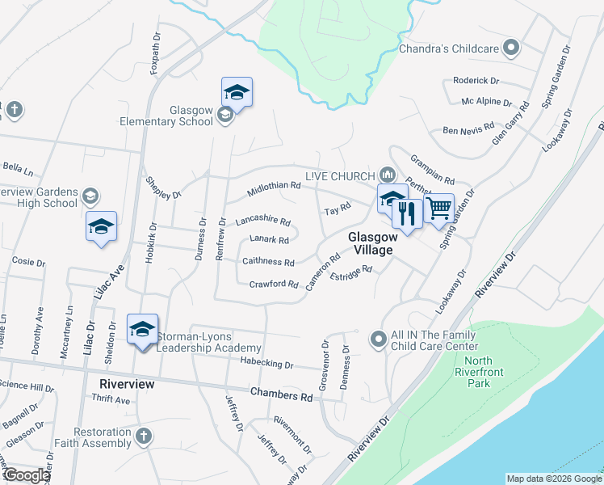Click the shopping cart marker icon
pos(438,209)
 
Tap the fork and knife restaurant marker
pos(407,214)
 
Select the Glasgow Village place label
pos(371,243)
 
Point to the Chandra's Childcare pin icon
pos(510,48)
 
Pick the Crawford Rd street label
pos(274,284)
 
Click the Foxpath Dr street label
pos(154,53)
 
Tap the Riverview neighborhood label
pos(127,384)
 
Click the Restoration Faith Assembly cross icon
pos(143,436)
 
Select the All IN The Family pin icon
pos(376,339)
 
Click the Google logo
pos(27,475)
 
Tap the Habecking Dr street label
pos(266,365)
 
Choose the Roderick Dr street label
pos(476,81)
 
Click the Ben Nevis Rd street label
pos(468,129)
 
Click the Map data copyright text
pos(553,479)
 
